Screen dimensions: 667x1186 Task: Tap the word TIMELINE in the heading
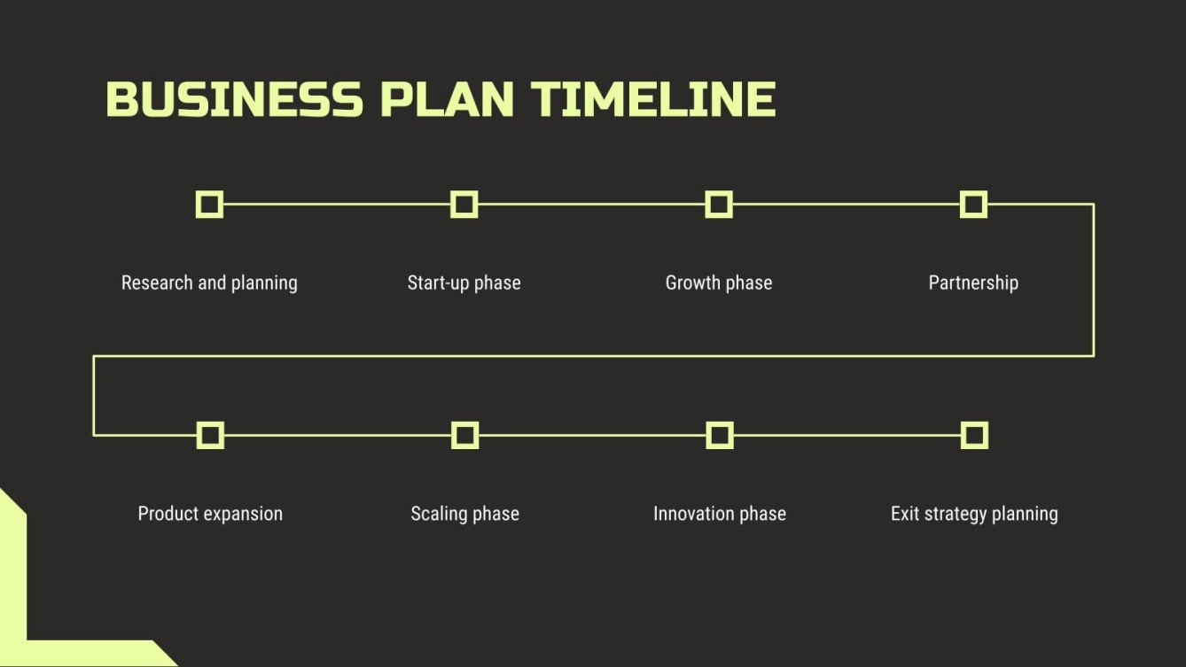(x=653, y=99)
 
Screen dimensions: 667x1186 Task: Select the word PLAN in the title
(x=447, y=99)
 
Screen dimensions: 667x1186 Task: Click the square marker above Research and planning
(x=209, y=205)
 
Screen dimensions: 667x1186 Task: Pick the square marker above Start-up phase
(x=464, y=205)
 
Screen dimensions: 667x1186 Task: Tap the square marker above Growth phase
(x=719, y=205)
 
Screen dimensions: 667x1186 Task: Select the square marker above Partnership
(x=973, y=205)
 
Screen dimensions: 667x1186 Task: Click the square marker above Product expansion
(x=210, y=435)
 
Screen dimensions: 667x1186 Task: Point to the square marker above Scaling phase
(x=464, y=435)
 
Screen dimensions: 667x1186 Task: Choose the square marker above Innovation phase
(x=720, y=435)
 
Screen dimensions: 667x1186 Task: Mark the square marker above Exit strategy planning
(x=974, y=435)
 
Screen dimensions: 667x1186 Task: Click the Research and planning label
(x=209, y=283)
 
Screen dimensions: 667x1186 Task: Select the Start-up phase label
(x=464, y=283)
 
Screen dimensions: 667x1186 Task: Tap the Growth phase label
(x=719, y=283)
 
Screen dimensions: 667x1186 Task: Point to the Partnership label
(x=973, y=283)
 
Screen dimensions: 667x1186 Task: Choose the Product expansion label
(x=210, y=514)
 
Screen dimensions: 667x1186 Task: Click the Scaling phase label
(x=464, y=514)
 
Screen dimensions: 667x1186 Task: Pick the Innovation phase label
(x=720, y=514)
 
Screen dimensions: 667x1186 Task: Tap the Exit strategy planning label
(x=974, y=514)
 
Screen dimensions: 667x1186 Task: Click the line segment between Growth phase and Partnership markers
(x=847, y=205)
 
